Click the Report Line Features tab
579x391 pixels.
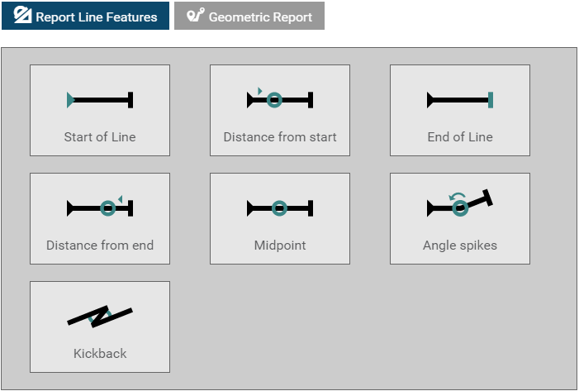click(x=85, y=16)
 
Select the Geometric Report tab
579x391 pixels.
click(x=249, y=16)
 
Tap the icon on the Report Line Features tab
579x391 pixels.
click(x=22, y=16)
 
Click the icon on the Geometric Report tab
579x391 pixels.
click(x=195, y=16)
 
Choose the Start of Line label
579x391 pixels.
click(x=100, y=137)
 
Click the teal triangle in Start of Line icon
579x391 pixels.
click(x=70, y=100)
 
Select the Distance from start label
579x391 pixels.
click(x=280, y=137)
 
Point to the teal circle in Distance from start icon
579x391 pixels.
click(x=275, y=100)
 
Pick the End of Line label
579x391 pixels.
click(x=460, y=137)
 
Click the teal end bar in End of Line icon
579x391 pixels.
click(x=491, y=100)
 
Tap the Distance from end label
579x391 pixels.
click(x=100, y=246)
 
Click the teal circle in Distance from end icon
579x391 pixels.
click(x=107, y=209)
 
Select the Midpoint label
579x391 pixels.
click(x=280, y=246)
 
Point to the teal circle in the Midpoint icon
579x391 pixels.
click(x=280, y=209)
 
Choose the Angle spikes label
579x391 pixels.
click(x=460, y=246)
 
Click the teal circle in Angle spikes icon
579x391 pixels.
click(x=460, y=209)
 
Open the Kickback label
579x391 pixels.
click(x=100, y=354)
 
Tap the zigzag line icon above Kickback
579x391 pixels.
click(x=100, y=315)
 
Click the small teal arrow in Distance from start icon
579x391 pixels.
click(x=259, y=90)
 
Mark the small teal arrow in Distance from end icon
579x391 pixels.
click(x=120, y=198)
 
